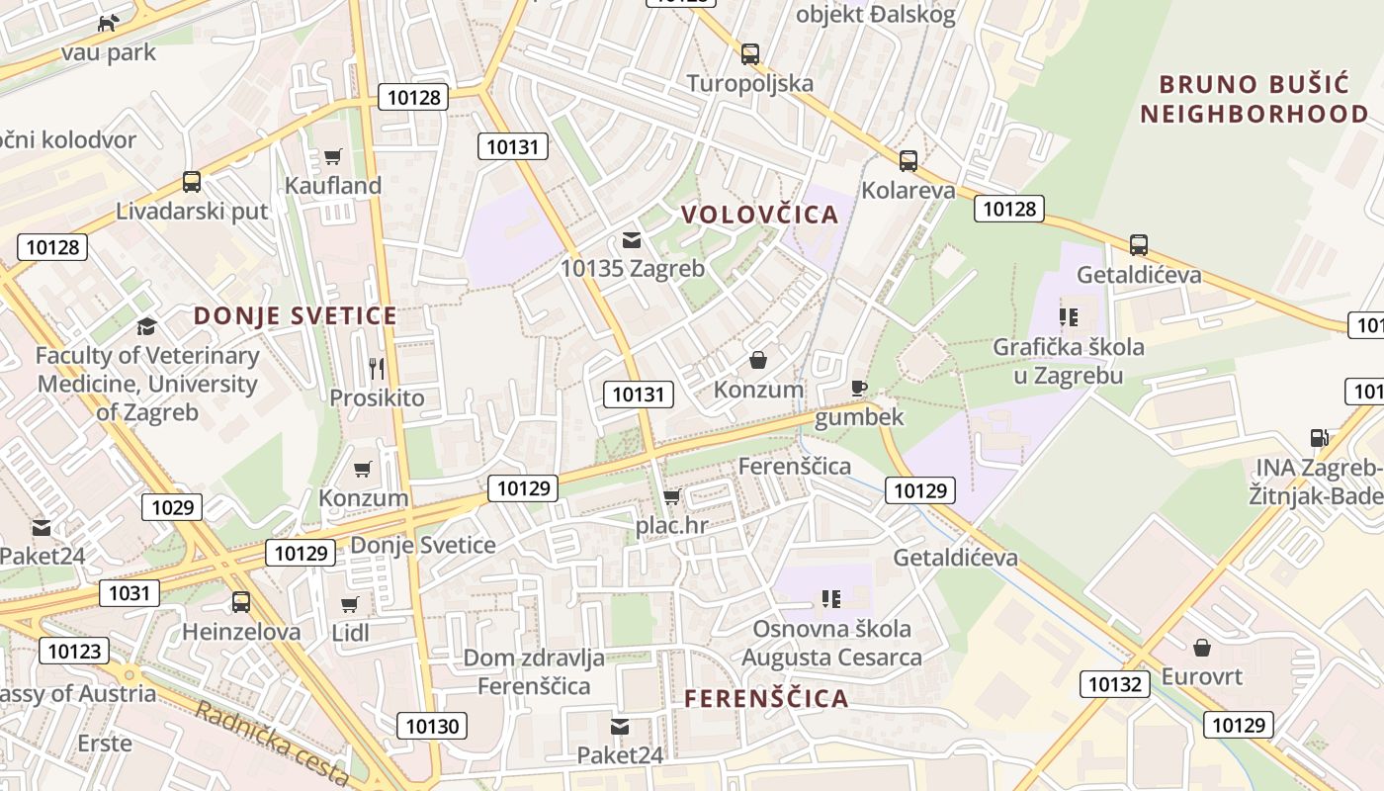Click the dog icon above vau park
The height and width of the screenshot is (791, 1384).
(108, 22)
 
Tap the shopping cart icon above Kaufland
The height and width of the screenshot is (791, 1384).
(333, 156)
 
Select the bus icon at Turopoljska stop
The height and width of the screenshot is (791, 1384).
(750, 53)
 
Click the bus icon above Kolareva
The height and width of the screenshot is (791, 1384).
(908, 160)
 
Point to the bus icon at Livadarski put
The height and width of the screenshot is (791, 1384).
(192, 182)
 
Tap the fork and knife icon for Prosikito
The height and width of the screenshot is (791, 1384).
(377, 369)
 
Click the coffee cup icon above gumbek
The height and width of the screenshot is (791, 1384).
(858, 388)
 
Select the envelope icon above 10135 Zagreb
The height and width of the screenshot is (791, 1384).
(632, 239)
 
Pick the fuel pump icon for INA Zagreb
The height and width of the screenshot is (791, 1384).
(1319, 438)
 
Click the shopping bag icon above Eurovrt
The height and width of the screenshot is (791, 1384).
(1202, 648)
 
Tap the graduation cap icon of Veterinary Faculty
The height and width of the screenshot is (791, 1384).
(146, 326)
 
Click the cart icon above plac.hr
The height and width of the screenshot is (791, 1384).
(672, 496)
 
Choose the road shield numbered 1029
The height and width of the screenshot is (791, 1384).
(173, 507)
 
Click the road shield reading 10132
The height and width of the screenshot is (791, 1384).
(1116, 684)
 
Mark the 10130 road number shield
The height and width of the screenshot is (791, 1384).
(433, 726)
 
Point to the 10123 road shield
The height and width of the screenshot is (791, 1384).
(74, 651)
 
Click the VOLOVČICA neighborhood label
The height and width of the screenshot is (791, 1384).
(759, 215)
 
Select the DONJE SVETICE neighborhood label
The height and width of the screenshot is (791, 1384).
(296, 316)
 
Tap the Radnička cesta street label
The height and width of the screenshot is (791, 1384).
(272, 744)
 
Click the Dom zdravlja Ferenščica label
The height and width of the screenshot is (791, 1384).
(534, 671)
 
